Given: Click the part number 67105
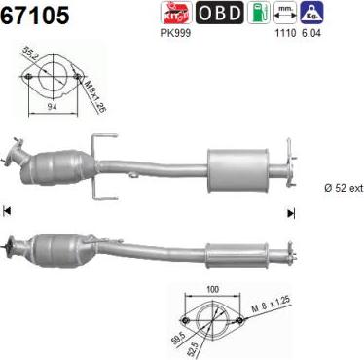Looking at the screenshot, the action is [35, 15].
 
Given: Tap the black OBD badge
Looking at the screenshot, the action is [219, 13].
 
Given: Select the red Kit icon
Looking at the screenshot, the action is [175, 13].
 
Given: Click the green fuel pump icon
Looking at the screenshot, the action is [259, 13].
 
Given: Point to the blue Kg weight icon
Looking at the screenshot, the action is [311, 13].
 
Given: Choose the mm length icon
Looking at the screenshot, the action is [285, 13].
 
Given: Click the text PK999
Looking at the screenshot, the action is [175, 33].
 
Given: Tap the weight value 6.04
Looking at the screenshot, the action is [310, 33].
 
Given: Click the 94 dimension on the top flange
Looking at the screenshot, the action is [52, 107].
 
